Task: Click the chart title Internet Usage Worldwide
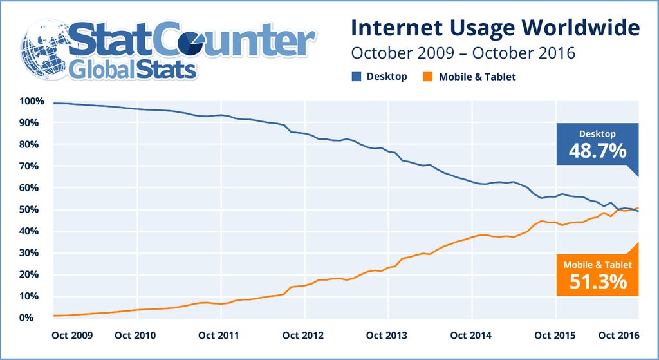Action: tap(495, 28)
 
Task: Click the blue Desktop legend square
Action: tap(356, 77)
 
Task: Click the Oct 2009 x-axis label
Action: tap(71, 336)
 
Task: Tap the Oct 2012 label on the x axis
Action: tap(302, 336)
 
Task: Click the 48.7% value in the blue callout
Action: tap(597, 151)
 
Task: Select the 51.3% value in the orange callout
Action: tap(597, 281)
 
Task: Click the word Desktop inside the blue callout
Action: tap(597, 134)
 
